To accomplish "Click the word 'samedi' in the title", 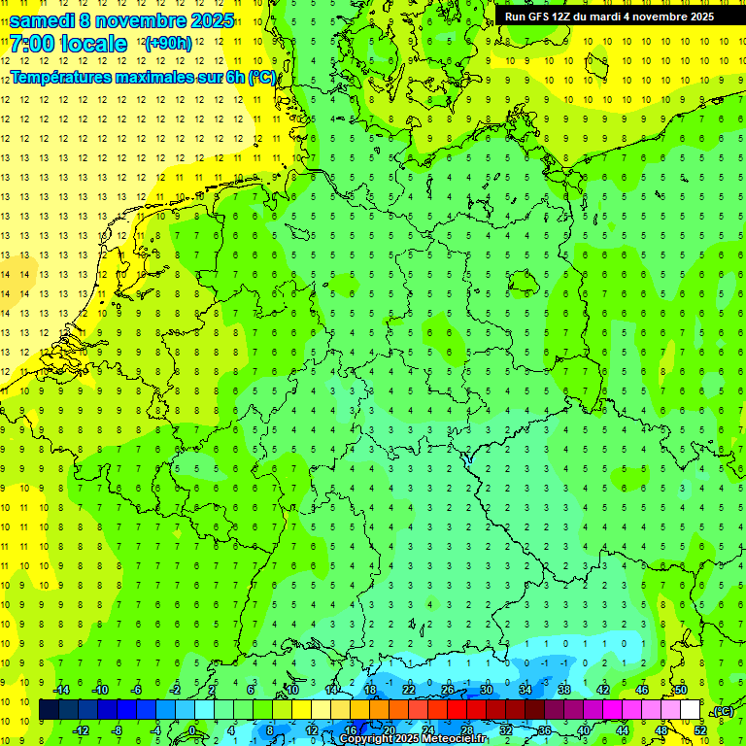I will (x=44, y=20).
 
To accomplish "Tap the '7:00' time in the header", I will (x=30, y=44).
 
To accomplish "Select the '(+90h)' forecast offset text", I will (x=168, y=44).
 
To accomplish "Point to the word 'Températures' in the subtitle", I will (x=61, y=78).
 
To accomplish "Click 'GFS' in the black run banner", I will (x=539, y=17).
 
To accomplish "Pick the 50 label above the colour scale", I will (x=681, y=690).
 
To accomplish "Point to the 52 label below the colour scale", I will (x=700, y=729).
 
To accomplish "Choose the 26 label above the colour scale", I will (x=448, y=690).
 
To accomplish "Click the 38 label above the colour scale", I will (x=564, y=690).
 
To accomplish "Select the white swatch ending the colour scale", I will (x=691, y=710).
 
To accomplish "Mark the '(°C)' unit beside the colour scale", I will (x=722, y=711).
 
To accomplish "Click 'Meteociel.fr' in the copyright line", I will (x=454, y=739).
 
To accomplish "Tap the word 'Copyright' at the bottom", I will (x=366, y=739).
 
